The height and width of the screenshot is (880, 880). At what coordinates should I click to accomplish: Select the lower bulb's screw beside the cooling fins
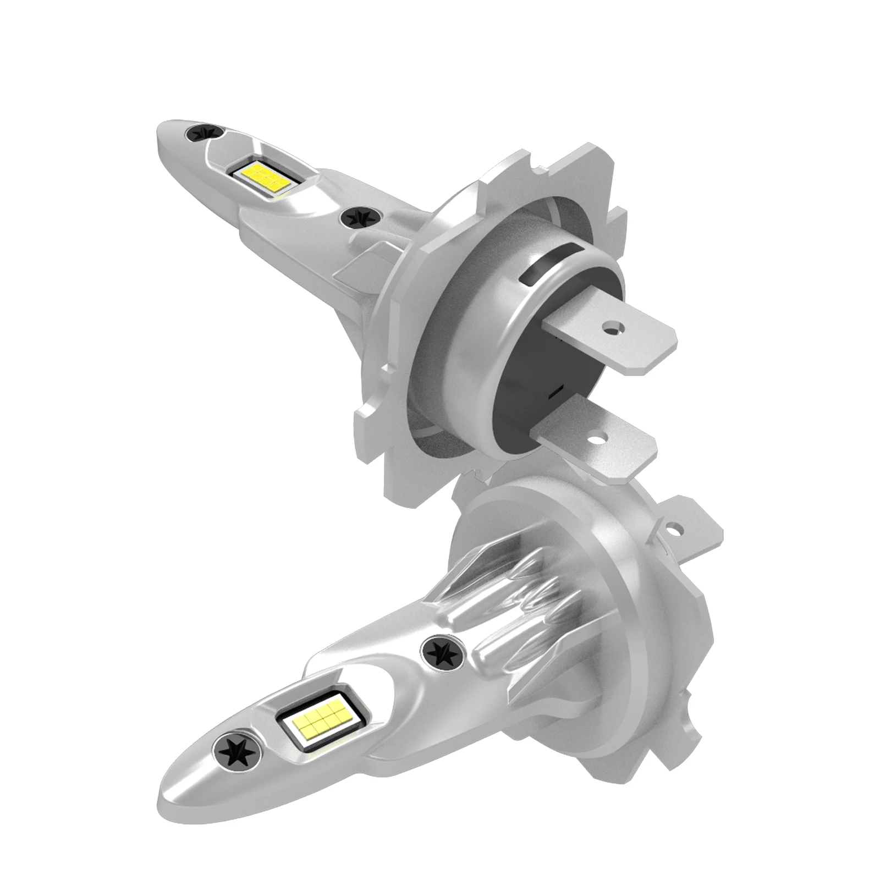[441, 652]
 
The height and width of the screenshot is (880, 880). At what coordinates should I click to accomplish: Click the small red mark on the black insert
[555, 391]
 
